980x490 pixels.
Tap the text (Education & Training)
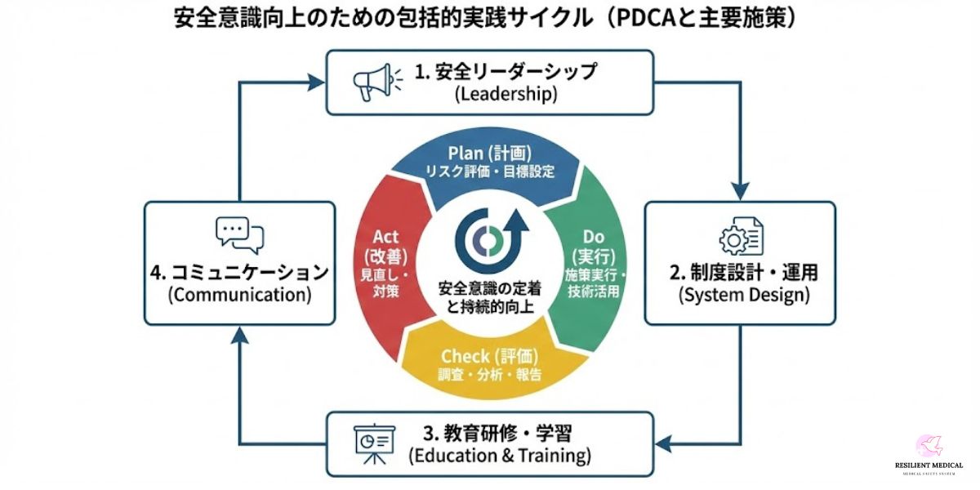point(500,455)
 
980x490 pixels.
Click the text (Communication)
point(239,294)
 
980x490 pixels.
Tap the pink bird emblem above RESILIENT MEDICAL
point(929,445)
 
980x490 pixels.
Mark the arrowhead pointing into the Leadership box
point(317,82)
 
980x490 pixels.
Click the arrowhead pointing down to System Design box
point(740,194)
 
